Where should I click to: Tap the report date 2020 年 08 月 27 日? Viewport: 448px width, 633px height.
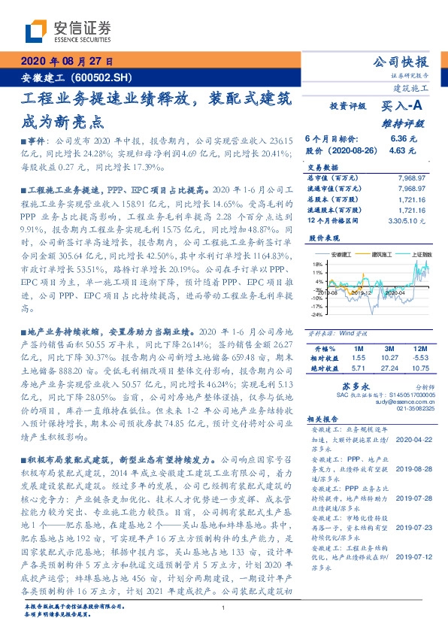(65, 61)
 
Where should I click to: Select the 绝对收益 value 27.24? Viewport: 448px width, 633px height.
(389, 369)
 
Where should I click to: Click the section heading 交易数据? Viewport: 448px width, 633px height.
(325, 168)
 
